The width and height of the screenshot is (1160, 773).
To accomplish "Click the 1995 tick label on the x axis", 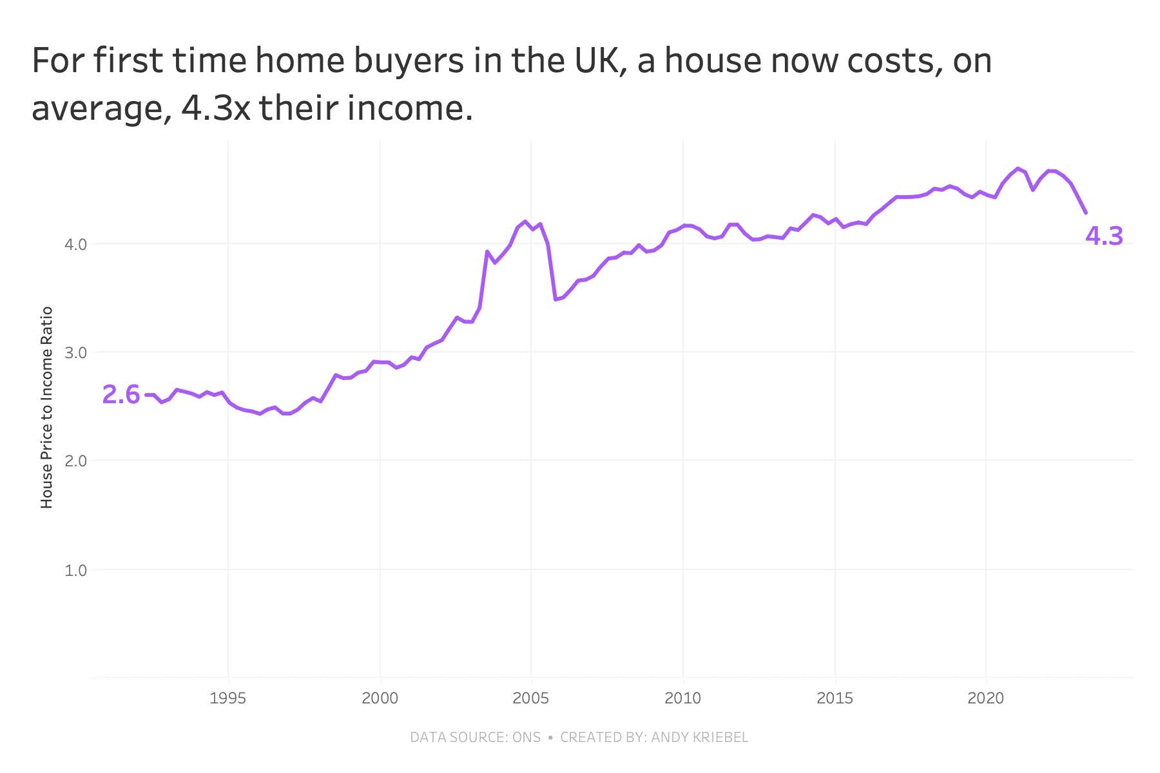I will [x=227, y=698].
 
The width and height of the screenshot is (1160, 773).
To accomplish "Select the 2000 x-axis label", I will [x=380, y=698].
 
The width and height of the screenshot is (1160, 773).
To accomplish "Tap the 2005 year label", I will [x=531, y=698].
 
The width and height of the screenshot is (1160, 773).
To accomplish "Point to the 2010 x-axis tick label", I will [x=682, y=698].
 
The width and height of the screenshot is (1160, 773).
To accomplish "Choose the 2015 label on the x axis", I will [x=835, y=698].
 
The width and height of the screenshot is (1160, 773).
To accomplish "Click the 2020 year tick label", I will [x=986, y=698].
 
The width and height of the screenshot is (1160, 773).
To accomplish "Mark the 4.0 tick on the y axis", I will [x=76, y=245].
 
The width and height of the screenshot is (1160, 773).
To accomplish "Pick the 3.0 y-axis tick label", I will [x=76, y=353].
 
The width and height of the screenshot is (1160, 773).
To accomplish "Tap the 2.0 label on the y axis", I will [x=76, y=461].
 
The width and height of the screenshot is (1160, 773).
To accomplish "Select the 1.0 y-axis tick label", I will [x=76, y=570].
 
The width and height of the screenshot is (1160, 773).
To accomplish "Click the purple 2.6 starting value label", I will [x=121, y=395].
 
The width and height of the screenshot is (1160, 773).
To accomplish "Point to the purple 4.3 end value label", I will [x=1104, y=237].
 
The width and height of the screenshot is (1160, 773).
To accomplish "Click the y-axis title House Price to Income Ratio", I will [x=46, y=408].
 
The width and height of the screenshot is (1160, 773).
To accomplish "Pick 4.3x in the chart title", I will [x=215, y=108].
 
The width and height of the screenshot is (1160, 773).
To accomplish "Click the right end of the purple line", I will [x=1086, y=213].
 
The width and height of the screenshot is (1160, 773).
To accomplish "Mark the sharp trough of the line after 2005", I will [x=555, y=300].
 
